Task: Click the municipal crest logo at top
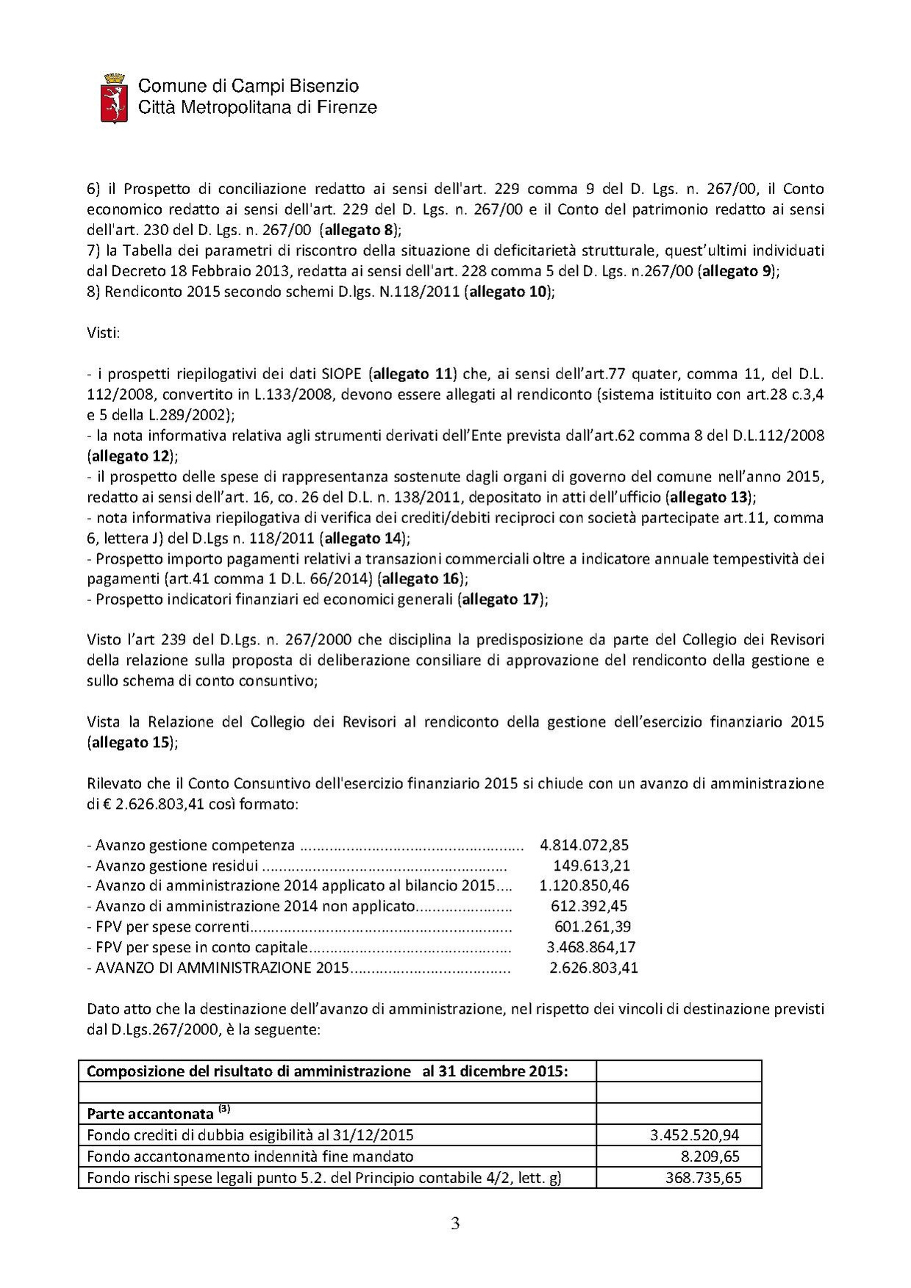(x=113, y=97)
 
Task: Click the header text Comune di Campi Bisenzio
(x=249, y=87)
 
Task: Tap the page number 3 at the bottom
(x=455, y=1224)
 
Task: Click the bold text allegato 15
(x=130, y=742)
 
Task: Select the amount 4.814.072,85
(x=584, y=845)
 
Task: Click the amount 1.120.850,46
(x=584, y=886)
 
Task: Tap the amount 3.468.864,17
(x=590, y=947)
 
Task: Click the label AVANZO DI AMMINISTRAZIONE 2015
(x=221, y=968)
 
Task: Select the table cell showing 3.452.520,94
(x=695, y=1135)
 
